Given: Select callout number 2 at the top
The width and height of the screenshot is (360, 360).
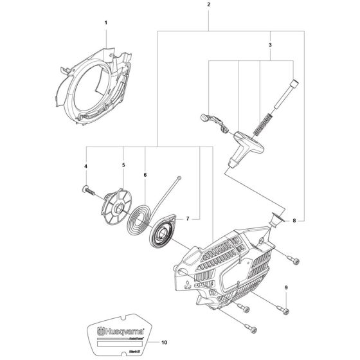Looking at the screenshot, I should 209,4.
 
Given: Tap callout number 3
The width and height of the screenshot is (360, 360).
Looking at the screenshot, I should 271,46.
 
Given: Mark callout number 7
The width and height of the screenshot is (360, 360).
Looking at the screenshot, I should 187,219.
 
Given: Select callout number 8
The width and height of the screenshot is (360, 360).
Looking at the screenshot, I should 294,221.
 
